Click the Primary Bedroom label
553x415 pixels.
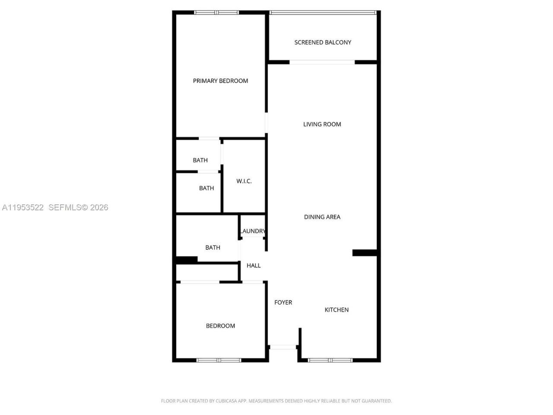pos(220,81)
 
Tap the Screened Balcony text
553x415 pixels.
pos(323,42)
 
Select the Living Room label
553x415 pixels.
pos(322,124)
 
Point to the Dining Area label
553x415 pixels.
pos(322,217)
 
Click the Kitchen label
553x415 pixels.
pos(337,310)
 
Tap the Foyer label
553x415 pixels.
pos(283,303)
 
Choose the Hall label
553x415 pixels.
pos(254,265)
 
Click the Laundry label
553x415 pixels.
pos(253,231)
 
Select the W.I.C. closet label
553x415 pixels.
pos(244,181)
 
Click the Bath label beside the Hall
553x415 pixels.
pos(213,248)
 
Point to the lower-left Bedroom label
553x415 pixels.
pos(220,326)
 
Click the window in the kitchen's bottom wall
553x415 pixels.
pos(330,360)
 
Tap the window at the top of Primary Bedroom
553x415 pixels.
pos(216,13)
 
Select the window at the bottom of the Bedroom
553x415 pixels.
pos(219,360)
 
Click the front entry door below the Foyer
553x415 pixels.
pos(283,347)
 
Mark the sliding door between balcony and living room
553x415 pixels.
pos(322,62)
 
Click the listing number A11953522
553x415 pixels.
pos(23,207)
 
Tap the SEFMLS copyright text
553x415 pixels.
pos(78,207)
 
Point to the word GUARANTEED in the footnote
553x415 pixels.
pos(376,401)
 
